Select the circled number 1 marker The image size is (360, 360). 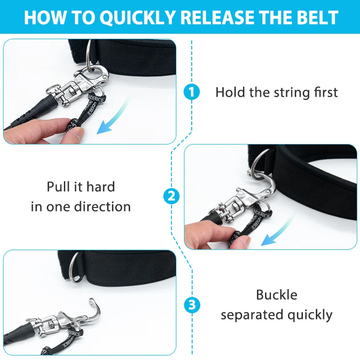coord(192,93)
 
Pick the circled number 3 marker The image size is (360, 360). coord(192,306)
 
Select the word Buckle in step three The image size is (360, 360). coord(277,295)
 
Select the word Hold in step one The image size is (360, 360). coord(230,93)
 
